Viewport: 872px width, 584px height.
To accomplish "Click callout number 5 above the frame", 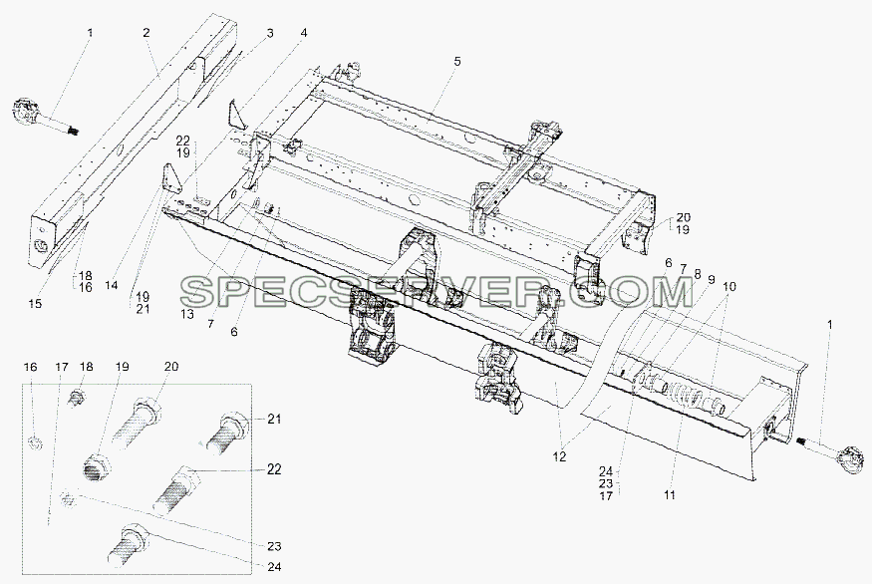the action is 456,61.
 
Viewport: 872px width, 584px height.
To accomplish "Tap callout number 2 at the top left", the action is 145,33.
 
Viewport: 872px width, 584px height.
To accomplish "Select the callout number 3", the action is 270,33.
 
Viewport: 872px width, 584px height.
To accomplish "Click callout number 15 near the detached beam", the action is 35,304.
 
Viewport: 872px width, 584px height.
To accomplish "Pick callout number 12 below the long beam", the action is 559,456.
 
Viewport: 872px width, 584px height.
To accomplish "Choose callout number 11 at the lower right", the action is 670,494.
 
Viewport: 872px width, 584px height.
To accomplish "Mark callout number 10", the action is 729,286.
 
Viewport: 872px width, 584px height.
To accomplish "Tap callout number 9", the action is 712,280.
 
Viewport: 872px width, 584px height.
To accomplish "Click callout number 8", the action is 698,273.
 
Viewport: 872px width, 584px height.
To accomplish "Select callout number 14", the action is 112,285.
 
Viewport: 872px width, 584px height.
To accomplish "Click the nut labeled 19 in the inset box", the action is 97,466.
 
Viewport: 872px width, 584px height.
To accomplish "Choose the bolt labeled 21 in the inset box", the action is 227,434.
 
